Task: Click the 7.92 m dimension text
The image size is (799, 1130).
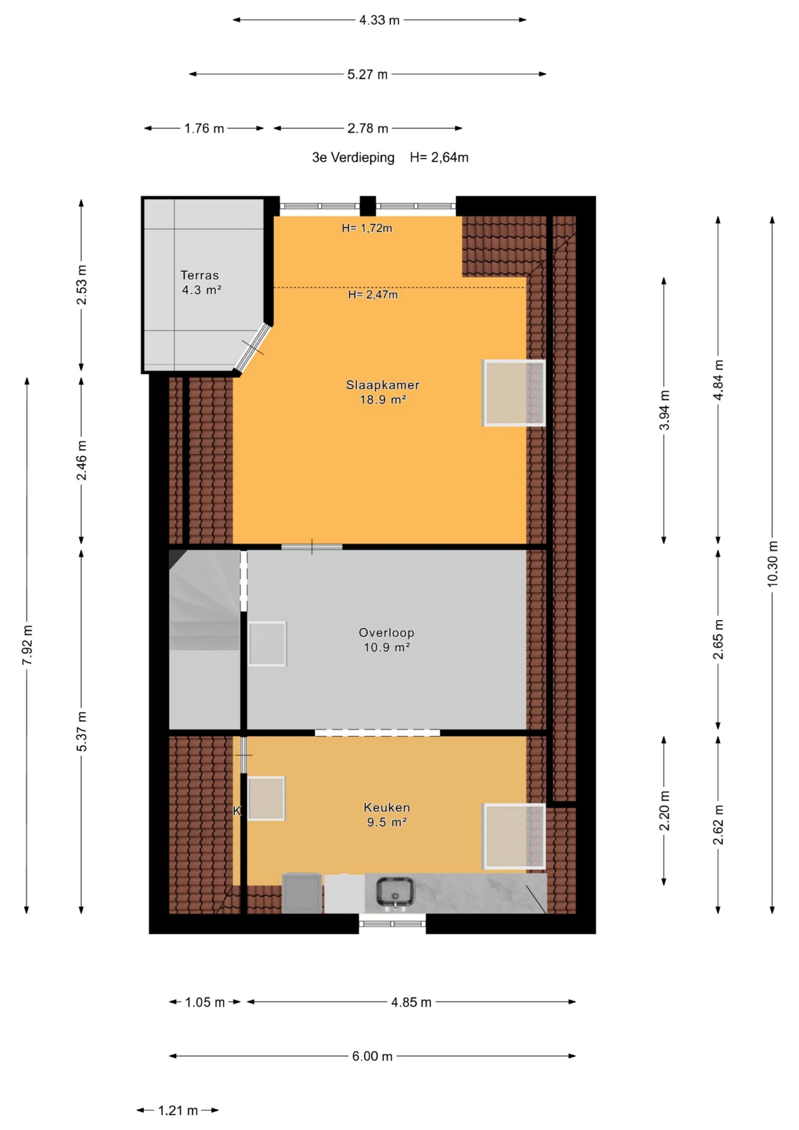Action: click(x=27, y=645)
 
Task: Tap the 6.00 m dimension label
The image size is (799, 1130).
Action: click(x=372, y=1056)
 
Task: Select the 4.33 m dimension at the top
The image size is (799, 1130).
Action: click(x=379, y=20)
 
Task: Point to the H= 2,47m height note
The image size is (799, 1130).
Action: click(x=373, y=295)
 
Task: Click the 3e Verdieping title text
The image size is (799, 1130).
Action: click(x=353, y=158)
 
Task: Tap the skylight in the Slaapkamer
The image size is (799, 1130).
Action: click(x=514, y=393)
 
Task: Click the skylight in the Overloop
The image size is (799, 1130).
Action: click(x=267, y=644)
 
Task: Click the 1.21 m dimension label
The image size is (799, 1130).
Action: click(x=178, y=1110)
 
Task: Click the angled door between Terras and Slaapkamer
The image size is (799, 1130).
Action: click(x=253, y=347)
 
